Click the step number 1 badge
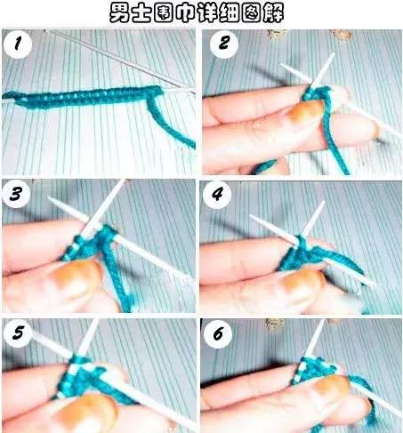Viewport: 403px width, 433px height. coord(18,44)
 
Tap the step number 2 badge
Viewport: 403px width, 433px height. coord(224,44)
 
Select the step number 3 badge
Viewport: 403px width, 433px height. coord(16,194)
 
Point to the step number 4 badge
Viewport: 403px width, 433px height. coord(217,195)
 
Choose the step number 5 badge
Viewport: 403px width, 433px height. coord(18,333)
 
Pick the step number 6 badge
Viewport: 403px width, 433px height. coord(218,334)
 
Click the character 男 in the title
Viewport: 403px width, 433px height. coord(119,13)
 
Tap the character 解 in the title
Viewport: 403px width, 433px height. coord(273,13)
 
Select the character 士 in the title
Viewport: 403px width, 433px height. coord(141,13)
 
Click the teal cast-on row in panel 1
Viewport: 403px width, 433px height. coord(83,96)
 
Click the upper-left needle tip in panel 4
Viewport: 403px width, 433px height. coord(251,216)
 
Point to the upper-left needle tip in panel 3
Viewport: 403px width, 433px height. coord(49,197)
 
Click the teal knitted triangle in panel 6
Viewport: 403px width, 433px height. coord(313,369)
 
